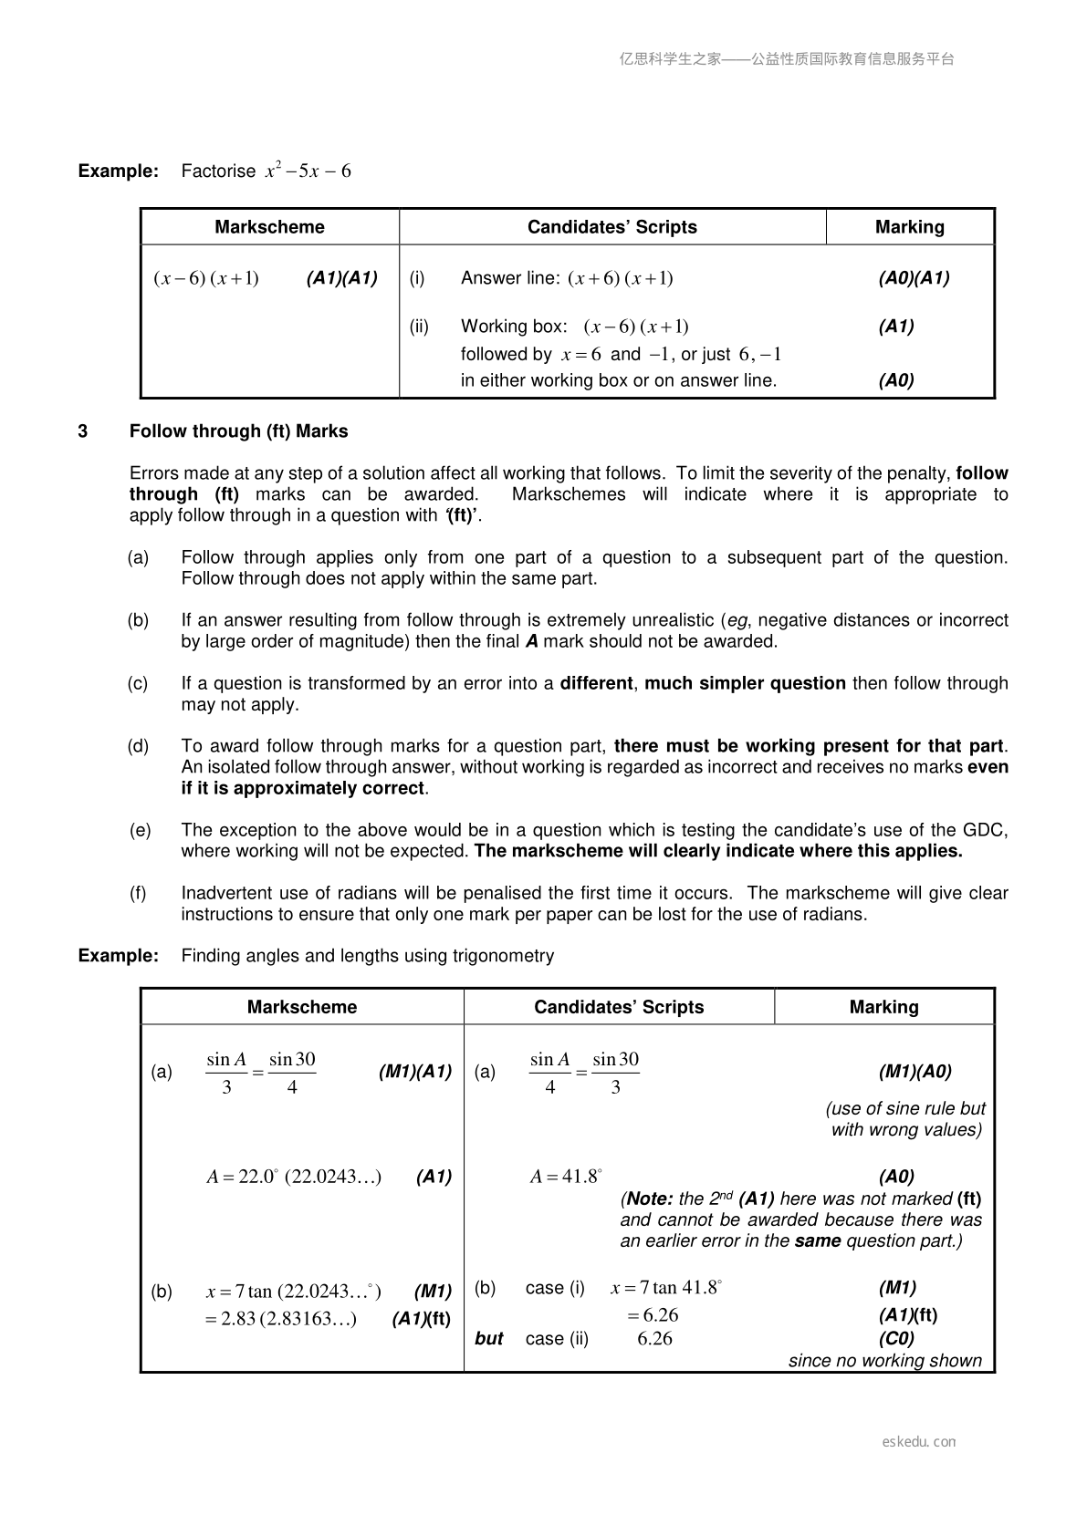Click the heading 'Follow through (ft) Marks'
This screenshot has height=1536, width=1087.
tap(238, 431)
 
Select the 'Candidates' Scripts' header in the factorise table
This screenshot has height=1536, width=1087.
tap(611, 227)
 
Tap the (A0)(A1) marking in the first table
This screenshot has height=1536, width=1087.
tap(914, 278)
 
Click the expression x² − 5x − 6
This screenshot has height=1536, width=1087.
tap(308, 171)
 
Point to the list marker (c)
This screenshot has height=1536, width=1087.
tap(138, 683)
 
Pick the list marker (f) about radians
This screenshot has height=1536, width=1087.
tap(138, 893)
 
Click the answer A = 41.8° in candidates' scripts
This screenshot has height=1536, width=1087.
tap(566, 1177)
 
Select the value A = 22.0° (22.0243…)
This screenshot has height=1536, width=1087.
tap(294, 1177)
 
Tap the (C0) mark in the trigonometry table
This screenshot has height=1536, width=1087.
tap(896, 1338)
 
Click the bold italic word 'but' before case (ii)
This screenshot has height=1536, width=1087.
tap(489, 1338)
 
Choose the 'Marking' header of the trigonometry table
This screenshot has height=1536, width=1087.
tap(883, 1007)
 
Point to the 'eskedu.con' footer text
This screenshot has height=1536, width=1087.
tap(919, 1441)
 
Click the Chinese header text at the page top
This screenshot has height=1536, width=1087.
tap(787, 59)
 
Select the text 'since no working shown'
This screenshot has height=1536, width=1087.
tap(885, 1360)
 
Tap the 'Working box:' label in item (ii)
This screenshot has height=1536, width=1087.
tap(514, 327)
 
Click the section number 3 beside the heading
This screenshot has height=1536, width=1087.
tap(83, 431)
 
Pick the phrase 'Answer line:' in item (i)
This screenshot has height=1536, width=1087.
tap(510, 278)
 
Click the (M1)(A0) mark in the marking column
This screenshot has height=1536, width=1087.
tap(915, 1072)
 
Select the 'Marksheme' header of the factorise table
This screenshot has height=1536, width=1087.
tap(269, 227)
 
